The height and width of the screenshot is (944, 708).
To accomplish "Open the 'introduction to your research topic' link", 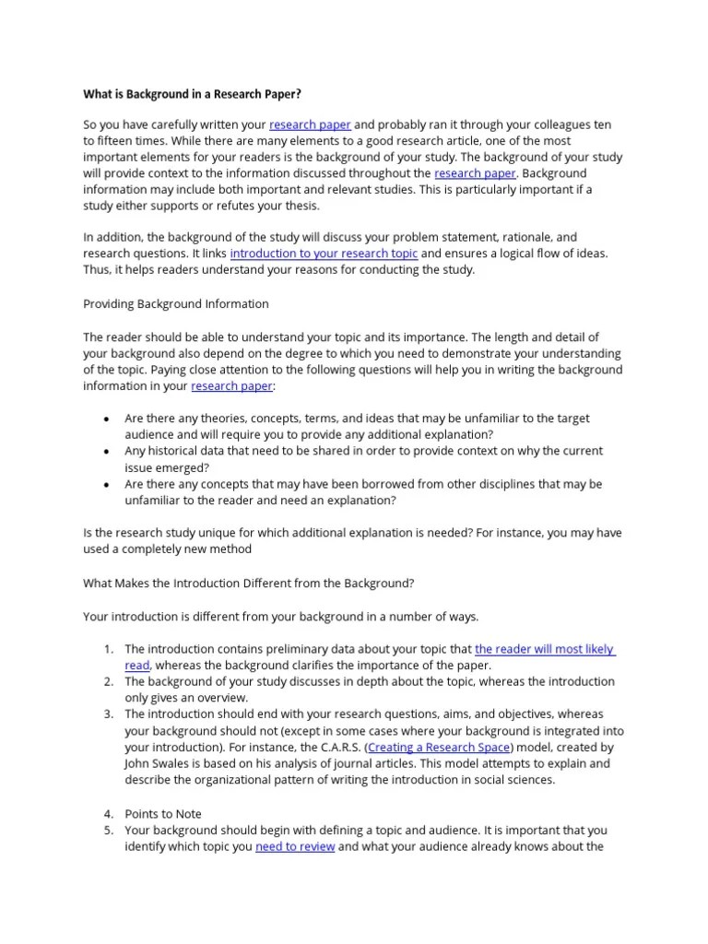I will pyautogui.click(x=324, y=254).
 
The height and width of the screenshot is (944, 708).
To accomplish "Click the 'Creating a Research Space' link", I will pyautogui.click(x=440, y=747).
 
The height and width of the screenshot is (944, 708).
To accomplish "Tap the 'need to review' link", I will pyautogui.click(x=295, y=846).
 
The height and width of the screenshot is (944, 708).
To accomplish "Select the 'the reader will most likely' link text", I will pyautogui.click(x=544, y=649).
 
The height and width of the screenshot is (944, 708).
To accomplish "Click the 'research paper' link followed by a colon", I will pyautogui.click(x=231, y=386).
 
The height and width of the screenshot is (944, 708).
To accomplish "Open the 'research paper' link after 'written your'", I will pyautogui.click(x=310, y=124).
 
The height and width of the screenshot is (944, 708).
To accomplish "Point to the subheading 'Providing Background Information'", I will pyautogui.click(x=176, y=303).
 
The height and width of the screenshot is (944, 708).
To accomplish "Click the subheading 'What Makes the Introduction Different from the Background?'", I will pyautogui.click(x=249, y=583).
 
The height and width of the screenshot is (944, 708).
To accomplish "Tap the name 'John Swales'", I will pyautogui.click(x=158, y=763).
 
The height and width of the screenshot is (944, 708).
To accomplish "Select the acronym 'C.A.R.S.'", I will pyautogui.click(x=336, y=747).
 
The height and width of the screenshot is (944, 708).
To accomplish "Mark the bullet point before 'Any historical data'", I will pyautogui.click(x=107, y=452).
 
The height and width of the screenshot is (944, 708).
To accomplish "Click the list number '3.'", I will pyautogui.click(x=108, y=714).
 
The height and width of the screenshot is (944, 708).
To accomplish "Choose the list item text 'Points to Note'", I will pyautogui.click(x=163, y=813).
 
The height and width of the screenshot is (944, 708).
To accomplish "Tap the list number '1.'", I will pyautogui.click(x=108, y=649).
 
